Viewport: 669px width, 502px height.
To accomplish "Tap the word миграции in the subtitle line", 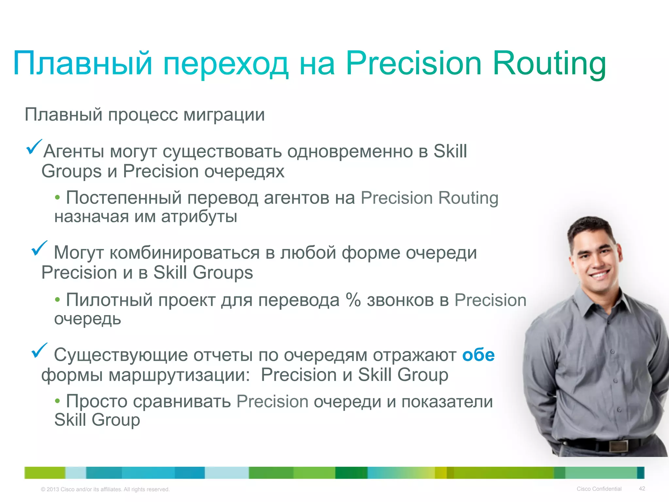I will (x=224, y=115).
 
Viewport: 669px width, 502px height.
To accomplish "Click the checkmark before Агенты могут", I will (x=34, y=147).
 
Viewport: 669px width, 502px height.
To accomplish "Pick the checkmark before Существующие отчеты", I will (x=39, y=350).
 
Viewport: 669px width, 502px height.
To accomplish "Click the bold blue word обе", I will (x=478, y=355).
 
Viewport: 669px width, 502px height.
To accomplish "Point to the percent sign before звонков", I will (x=353, y=300).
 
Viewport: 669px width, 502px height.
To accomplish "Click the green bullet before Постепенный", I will (x=57, y=198).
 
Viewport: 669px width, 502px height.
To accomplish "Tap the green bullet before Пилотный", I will (x=57, y=300).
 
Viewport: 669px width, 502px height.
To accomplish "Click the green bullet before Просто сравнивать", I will (x=57, y=401).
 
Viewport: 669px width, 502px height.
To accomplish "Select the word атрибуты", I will (x=199, y=217).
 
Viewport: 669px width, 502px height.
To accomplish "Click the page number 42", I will (x=642, y=489).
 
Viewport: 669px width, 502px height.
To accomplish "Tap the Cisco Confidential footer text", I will (x=599, y=489).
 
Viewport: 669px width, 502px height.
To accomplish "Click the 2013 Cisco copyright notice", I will (x=105, y=489).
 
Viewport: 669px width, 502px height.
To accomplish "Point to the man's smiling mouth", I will (x=599, y=274).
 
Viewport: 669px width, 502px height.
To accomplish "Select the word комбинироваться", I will (x=185, y=253).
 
